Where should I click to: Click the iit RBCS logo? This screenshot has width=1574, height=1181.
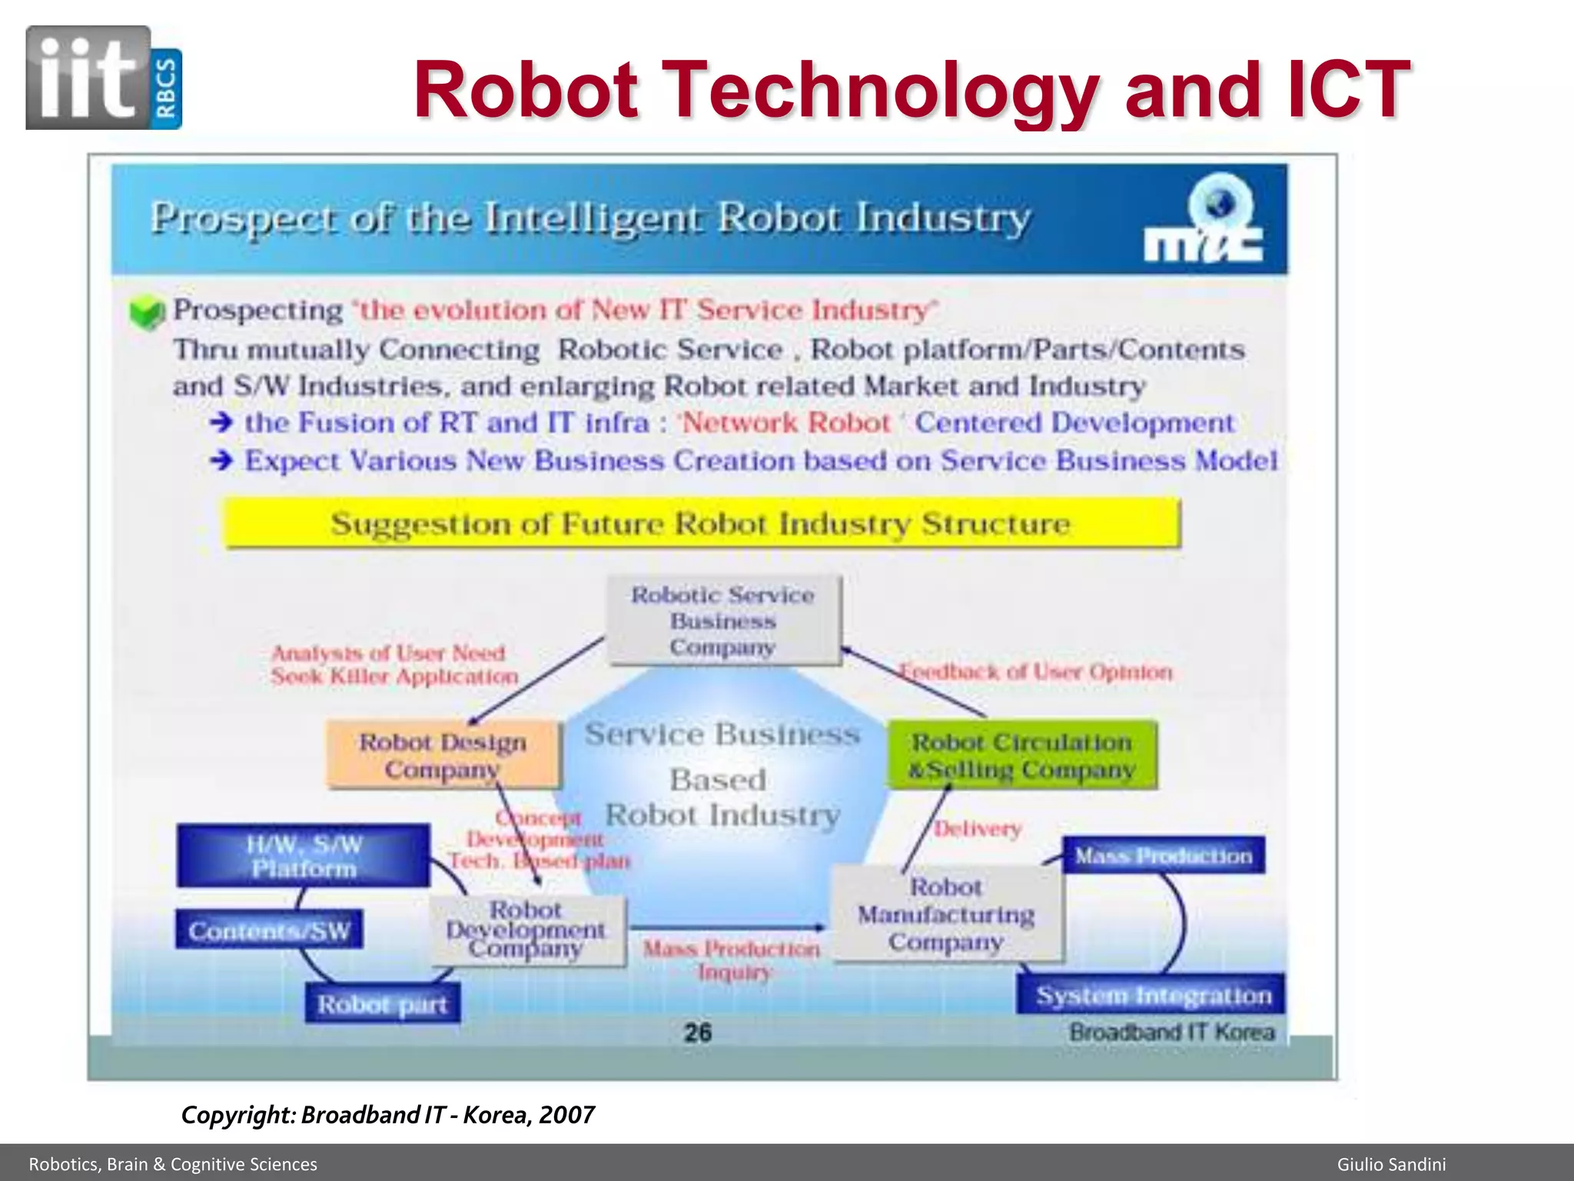click(104, 78)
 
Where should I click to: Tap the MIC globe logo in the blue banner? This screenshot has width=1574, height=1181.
click(1204, 219)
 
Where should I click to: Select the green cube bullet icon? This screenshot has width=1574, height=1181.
click(146, 313)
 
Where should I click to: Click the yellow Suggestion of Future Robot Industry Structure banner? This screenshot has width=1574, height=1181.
click(701, 524)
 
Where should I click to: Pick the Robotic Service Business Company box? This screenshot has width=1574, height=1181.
click(723, 620)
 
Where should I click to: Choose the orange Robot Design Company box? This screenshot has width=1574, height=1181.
click(443, 755)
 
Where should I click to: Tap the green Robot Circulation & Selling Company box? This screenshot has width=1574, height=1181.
click(1021, 755)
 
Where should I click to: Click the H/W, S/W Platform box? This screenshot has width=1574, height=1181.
click(304, 856)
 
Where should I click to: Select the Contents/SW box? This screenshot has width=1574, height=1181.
click(269, 930)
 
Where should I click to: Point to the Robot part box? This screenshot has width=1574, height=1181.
click(382, 1003)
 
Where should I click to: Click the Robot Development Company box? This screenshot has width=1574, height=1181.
click(527, 930)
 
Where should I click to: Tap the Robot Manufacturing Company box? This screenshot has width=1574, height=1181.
click(948, 913)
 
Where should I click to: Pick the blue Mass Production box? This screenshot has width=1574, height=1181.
click(1163, 855)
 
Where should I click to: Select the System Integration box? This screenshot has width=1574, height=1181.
click(1151, 995)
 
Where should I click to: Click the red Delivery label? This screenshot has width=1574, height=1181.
click(978, 829)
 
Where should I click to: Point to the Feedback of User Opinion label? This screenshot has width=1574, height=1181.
click(1036, 672)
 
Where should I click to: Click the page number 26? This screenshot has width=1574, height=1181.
click(698, 1032)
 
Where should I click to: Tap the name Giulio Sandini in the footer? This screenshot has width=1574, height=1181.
click(1391, 1164)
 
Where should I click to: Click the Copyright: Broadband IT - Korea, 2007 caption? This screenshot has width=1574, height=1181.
click(387, 1115)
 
